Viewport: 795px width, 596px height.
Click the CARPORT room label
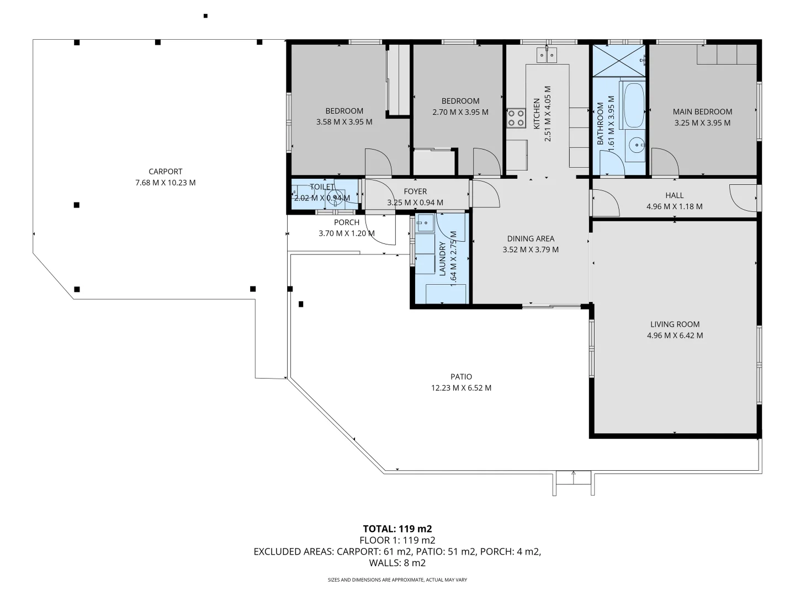click(165, 172)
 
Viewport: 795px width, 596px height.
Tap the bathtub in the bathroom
click(633, 104)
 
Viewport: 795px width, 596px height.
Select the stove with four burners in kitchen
click(516, 118)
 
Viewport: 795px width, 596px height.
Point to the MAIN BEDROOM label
click(702, 111)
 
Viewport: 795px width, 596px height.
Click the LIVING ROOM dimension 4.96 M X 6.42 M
click(675, 336)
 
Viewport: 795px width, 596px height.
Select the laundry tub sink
click(424, 223)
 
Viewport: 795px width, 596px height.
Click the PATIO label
click(461, 377)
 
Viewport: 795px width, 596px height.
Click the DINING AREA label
click(531, 239)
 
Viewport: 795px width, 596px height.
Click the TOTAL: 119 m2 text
click(397, 529)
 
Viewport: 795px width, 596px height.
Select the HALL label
click(674, 195)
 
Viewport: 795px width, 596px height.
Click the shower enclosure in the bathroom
click(618, 61)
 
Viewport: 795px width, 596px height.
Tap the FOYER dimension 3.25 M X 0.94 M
click(415, 203)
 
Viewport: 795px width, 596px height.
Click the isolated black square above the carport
click(205, 16)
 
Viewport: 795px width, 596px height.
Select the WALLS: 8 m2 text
click(397, 563)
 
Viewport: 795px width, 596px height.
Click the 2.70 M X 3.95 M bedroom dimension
click(460, 112)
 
